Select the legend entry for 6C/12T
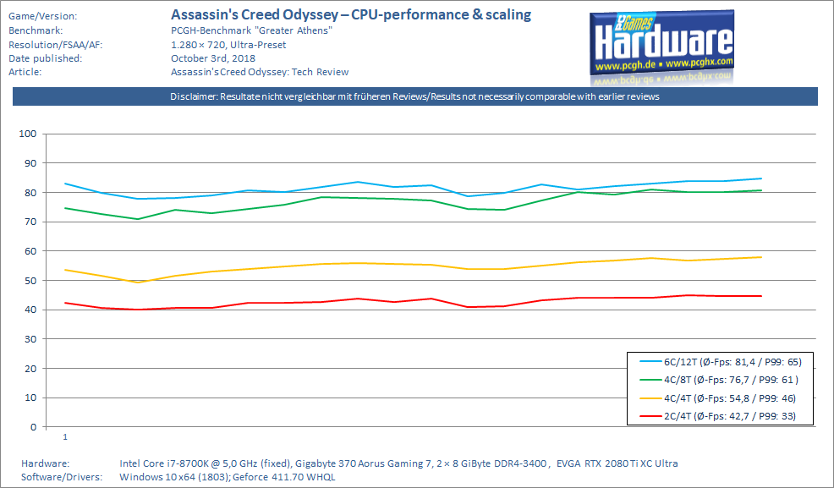point(719,362)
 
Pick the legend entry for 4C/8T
point(719,380)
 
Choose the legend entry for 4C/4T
point(719,398)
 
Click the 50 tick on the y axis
point(28,281)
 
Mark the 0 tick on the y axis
point(31,427)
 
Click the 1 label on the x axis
point(65,437)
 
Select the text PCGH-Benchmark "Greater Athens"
point(239,30)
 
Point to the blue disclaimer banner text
point(414,96)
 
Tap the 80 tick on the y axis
point(28,193)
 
